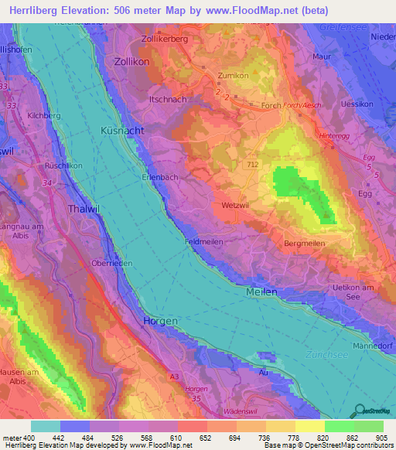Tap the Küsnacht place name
(x=121, y=131)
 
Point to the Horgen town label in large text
(x=161, y=320)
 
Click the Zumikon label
(x=234, y=76)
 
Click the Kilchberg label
(x=43, y=114)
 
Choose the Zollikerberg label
(x=166, y=38)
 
